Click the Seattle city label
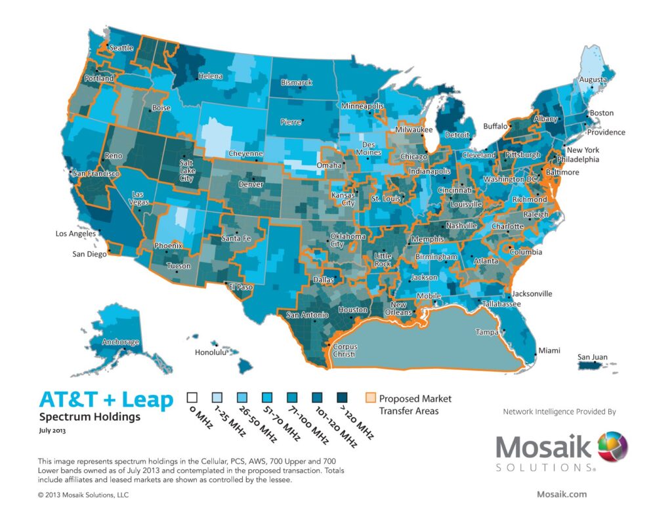point(121,47)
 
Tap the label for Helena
point(211,76)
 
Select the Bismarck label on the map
point(298,83)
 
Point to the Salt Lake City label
point(187,170)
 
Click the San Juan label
point(592,358)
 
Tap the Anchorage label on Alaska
point(121,343)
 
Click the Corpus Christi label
point(344,350)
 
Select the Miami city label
point(549,351)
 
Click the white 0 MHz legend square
point(192,398)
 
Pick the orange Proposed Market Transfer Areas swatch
point(371,398)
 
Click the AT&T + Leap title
point(106,400)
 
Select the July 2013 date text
point(52,432)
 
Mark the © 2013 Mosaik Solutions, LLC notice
point(83,495)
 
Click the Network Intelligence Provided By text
point(559,412)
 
